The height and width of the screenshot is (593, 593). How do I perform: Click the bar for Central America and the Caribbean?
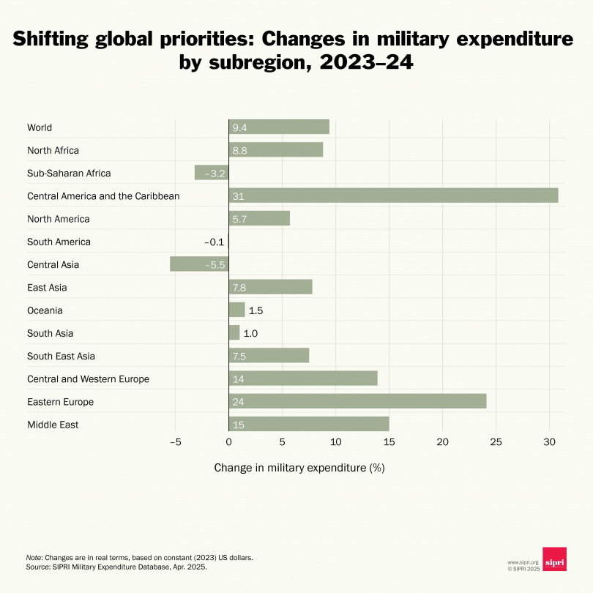pyautogui.click(x=393, y=195)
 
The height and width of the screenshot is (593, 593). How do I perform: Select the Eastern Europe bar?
pyautogui.click(x=357, y=401)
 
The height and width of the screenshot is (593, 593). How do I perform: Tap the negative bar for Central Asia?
pyautogui.click(x=199, y=264)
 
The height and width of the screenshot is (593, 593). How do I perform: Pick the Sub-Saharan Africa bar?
pyautogui.click(x=212, y=173)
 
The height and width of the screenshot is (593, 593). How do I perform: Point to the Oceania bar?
pyautogui.click(x=236, y=310)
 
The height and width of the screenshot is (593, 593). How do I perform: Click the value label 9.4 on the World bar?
pyautogui.click(x=239, y=127)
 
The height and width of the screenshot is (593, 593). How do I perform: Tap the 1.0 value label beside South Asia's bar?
pyautogui.click(x=250, y=333)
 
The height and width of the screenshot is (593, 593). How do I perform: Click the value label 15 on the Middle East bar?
pyautogui.click(x=238, y=425)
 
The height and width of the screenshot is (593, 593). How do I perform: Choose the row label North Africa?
pyautogui.click(x=53, y=150)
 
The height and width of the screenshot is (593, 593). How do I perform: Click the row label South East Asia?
pyautogui.click(x=61, y=356)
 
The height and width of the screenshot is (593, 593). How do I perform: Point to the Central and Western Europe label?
pyautogui.click(x=88, y=378)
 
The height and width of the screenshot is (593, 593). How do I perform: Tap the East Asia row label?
pyautogui.click(x=46, y=287)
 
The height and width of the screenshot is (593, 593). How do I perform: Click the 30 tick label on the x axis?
pyautogui.click(x=549, y=442)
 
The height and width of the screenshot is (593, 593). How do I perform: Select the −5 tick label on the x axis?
pyautogui.click(x=174, y=442)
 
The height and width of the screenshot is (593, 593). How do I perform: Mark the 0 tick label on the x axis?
pyautogui.click(x=228, y=442)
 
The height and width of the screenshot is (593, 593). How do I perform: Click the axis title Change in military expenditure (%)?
pyautogui.click(x=299, y=467)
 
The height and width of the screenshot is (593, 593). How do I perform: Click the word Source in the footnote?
pyautogui.click(x=37, y=567)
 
